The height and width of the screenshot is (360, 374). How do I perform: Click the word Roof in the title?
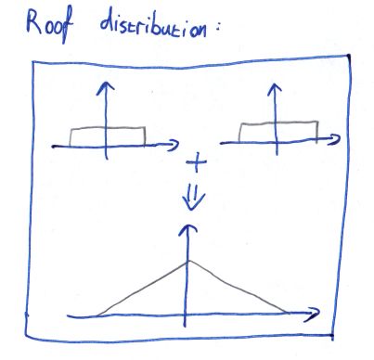49,26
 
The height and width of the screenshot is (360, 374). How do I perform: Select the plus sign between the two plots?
197,162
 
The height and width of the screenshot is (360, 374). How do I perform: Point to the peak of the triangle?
189,262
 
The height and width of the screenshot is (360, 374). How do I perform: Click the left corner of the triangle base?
97,315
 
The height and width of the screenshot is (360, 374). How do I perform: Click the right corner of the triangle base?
287,313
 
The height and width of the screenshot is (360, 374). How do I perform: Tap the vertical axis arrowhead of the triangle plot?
187,229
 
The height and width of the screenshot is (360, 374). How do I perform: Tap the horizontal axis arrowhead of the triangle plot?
313,314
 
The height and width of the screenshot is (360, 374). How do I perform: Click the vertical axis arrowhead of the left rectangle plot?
106,86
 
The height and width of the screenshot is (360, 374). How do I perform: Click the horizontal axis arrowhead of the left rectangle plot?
174,145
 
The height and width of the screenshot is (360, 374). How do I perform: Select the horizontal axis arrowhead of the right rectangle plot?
334,139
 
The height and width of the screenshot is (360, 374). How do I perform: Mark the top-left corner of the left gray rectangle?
71,129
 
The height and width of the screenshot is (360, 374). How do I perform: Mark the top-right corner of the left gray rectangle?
145,127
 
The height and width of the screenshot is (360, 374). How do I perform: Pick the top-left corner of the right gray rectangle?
241,123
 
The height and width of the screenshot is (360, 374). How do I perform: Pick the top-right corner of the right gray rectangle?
317,122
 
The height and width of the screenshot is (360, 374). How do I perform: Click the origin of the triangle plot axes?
186,315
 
